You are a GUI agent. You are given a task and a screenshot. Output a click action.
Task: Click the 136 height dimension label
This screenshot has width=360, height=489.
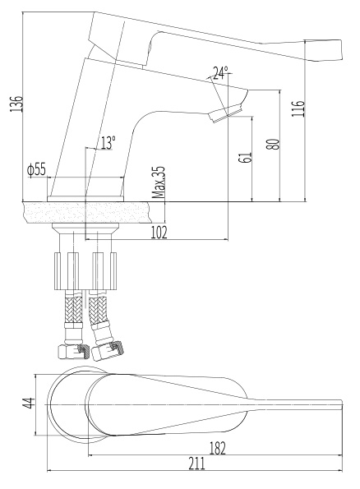[x=16, y=104]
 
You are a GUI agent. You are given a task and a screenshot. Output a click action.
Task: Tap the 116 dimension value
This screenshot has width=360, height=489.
[x=298, y=108]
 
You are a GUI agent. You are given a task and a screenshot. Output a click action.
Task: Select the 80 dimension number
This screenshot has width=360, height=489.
[x=274, y=144]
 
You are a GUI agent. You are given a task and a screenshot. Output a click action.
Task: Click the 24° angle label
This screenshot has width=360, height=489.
[x=220, y=73]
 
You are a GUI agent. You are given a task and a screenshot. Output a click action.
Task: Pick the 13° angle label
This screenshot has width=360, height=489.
[x=108, y=143]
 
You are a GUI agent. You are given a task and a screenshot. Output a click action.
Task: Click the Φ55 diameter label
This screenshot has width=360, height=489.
[x=36, y=169]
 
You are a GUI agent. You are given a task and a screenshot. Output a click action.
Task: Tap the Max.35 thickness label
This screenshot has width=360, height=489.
[x=158, y=182]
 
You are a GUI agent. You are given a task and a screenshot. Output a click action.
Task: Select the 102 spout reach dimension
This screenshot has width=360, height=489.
[x=159, y=233]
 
